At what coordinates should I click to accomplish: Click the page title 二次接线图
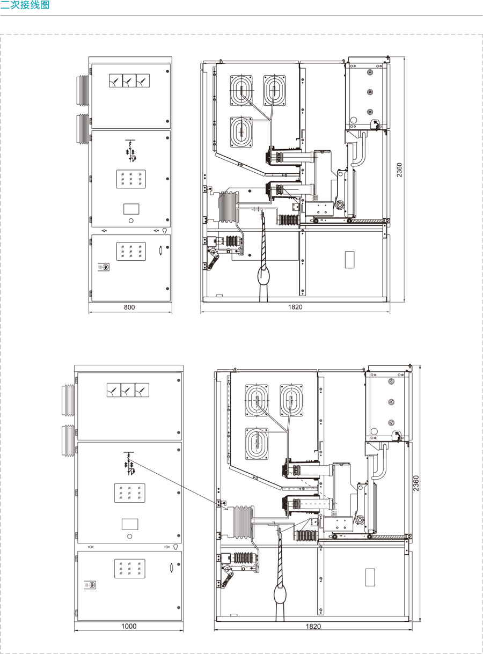click(25, 5)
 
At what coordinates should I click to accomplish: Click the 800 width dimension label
click(129, 307)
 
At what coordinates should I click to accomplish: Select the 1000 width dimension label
click(129, 626)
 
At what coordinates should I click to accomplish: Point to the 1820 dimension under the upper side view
click(295, 307)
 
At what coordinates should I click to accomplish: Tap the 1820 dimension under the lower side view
click(313, 626)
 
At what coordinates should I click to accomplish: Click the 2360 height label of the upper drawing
click(399, 170)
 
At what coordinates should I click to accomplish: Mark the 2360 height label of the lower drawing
click(416, 483)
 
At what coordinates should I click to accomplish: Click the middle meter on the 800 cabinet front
click(129, 80)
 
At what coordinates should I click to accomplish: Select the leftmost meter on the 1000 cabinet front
click(114, 390)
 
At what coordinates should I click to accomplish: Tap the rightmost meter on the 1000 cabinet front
click(142, 390)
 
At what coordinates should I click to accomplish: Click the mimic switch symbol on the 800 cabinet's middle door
click(130, 150)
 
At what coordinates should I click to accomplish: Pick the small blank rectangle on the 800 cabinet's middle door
click(131, 209)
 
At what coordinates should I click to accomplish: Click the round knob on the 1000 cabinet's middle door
click(129, 537)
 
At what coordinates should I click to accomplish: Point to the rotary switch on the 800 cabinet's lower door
click(104, 267)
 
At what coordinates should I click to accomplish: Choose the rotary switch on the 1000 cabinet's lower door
click(90, 585)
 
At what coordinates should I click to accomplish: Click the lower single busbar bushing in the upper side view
click(241, 132)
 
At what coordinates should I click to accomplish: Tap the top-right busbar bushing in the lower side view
click(291, 400)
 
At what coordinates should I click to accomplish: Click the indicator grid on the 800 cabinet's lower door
click(131, 251)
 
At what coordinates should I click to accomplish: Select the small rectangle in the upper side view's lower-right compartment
click(349, 260)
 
